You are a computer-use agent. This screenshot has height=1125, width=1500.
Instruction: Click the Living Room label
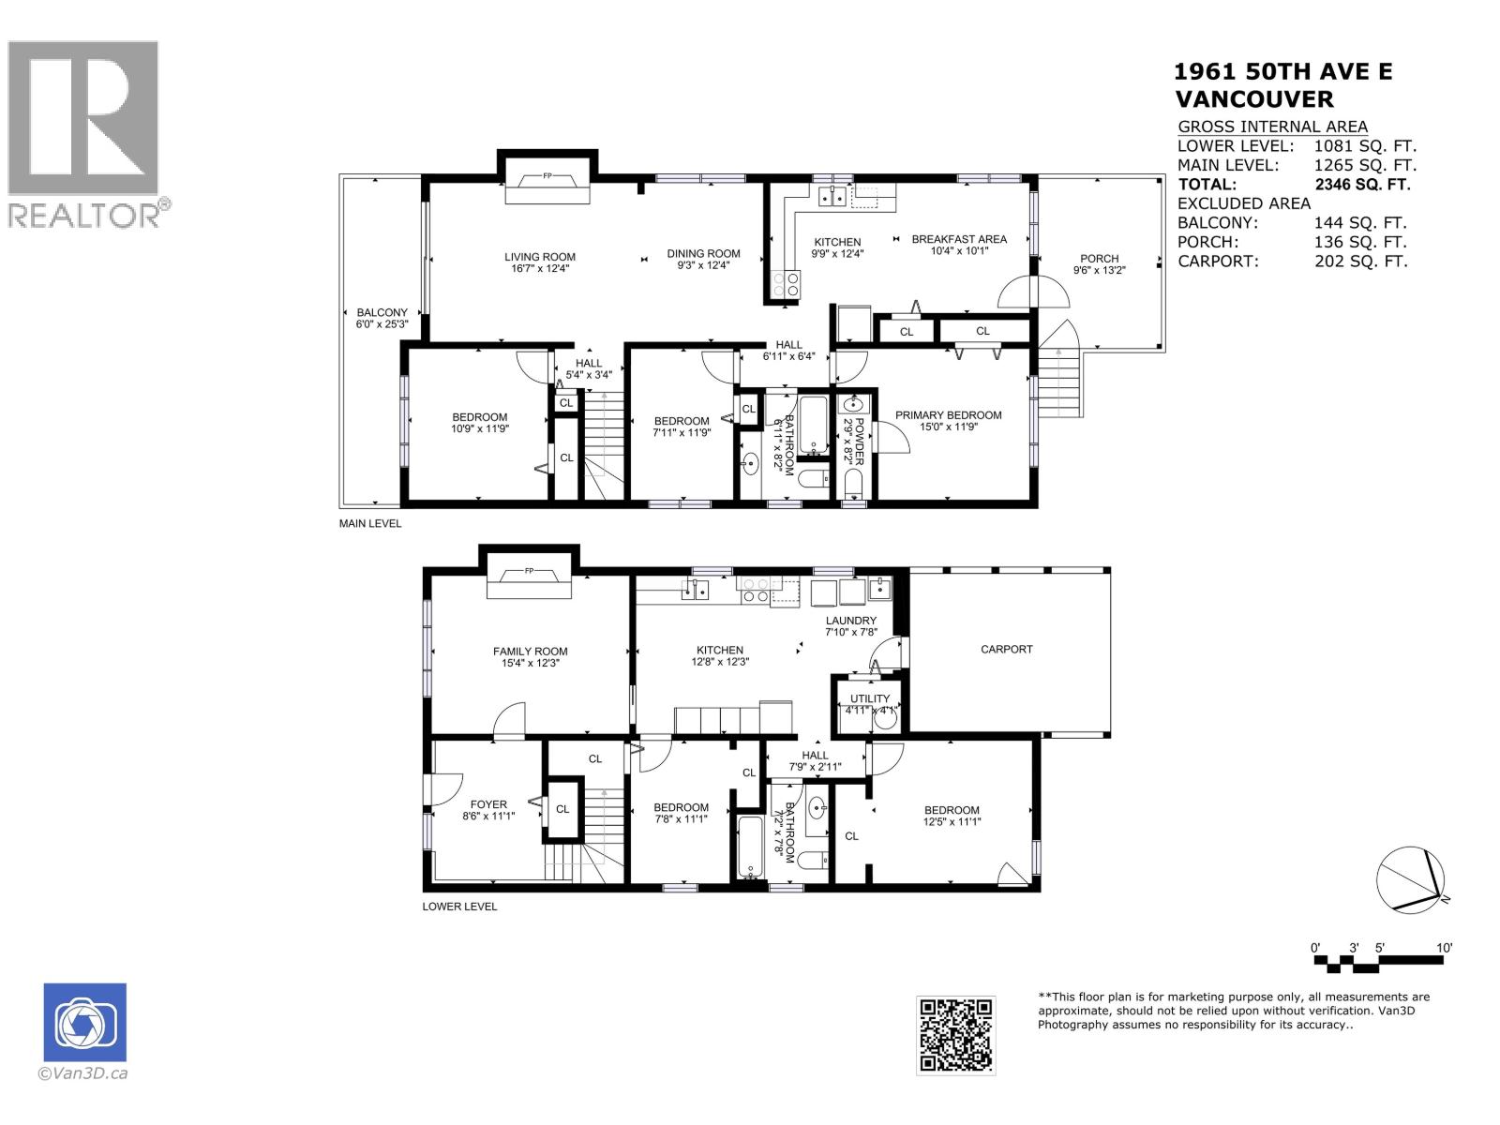pyautogui.click(x=539, y=257)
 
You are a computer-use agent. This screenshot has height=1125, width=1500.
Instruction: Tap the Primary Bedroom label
pyautogui.click(x=948, y=415)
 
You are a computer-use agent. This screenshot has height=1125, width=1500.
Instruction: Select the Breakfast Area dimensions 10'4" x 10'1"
pyautogui.click(x=959, y=251)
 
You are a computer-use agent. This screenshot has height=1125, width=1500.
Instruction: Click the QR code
pyautogui.click(x=955, y=1035)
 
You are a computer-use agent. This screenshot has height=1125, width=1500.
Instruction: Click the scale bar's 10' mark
pyautogui.click(x=1445, y=948)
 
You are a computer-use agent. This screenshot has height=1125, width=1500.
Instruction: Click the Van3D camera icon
pyautogui.click(x=84, y=1022)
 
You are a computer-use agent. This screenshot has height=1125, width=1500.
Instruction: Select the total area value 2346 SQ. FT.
pyautogui.click(x=1362, y=185)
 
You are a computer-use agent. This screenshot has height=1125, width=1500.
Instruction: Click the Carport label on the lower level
pyautogui.click(x=1006, y=649)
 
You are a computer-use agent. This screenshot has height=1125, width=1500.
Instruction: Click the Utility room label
pyautogui.click(x=869, y=698)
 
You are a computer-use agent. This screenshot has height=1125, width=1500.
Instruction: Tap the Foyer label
pyautogui.click(x=488, y=804)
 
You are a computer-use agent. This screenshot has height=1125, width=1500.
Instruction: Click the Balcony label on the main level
pyautogui.click(x=382, y=313)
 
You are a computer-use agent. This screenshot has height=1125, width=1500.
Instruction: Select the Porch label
pyautogui.click(x=1099, y=259)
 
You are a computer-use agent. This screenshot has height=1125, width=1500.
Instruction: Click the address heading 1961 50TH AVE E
pyautogui.click(x=1282, y=72)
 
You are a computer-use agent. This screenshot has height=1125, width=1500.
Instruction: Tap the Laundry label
pyautogui.click(x=850, y=621)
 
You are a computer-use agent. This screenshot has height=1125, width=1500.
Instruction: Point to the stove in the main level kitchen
pyautogui.click(x=786, y=283)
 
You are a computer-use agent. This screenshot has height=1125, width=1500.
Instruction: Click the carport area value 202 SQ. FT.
pyautogui.click(x=1360, y=262)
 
